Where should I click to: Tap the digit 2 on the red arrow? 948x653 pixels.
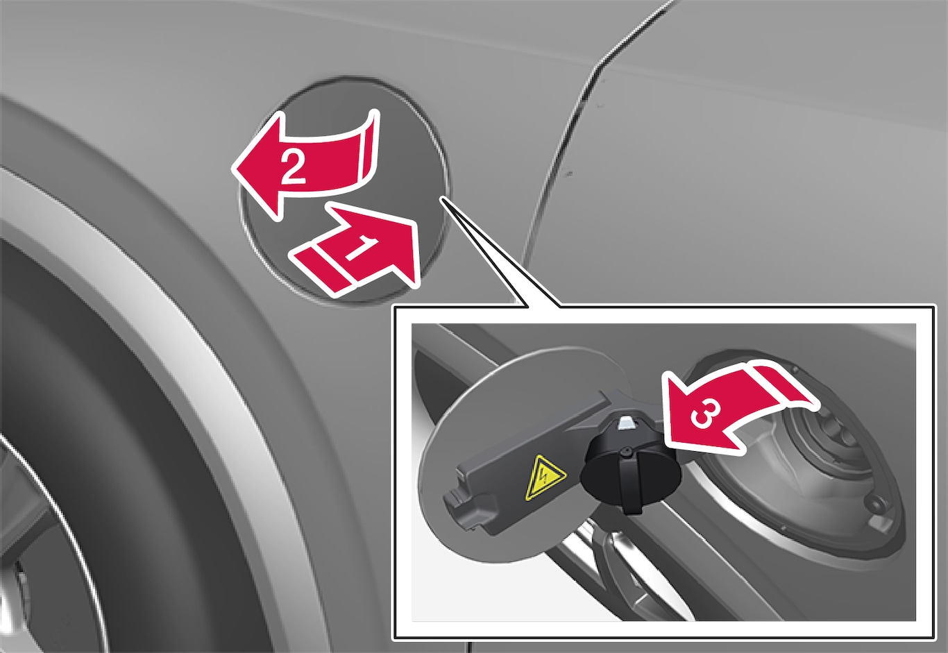[292, 168]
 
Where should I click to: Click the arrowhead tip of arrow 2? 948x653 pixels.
[232, 170]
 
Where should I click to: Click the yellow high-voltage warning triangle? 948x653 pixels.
[545, 477]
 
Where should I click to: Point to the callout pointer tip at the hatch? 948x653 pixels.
[442, 198]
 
